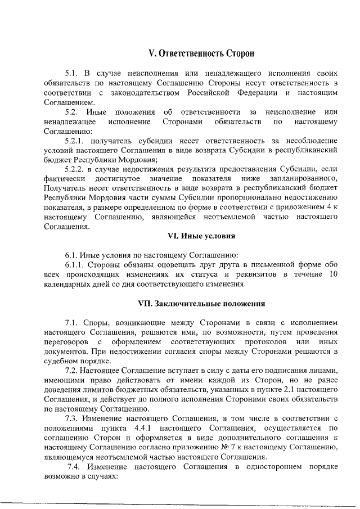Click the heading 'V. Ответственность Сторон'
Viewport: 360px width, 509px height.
click(201, 54)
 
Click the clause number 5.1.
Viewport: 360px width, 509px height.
click(73, 74)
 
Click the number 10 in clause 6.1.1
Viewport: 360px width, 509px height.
click(332, 274)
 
